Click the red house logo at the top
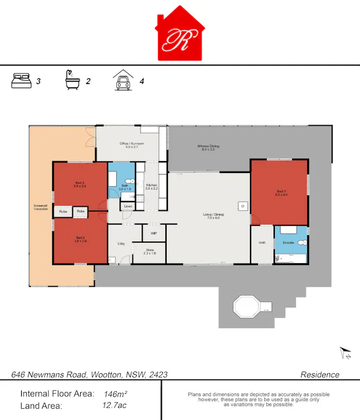(x=180, y=35)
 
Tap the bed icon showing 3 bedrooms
(x=21, y=81)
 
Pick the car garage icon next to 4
(x=122, y=81)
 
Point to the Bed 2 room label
(x=80, y=238)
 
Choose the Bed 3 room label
(x=80, y=184)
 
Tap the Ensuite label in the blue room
(x=288, y=241)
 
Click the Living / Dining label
(x=213, y=217)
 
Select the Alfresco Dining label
(x=208, y=147)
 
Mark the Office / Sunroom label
(x=132, y=144)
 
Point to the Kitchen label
(x=152, y=186)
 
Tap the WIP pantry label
(x=153, y=233)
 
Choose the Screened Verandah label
(x=40, y=207)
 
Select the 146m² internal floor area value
(x=116, y=394)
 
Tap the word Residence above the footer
(x=320, y=375)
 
